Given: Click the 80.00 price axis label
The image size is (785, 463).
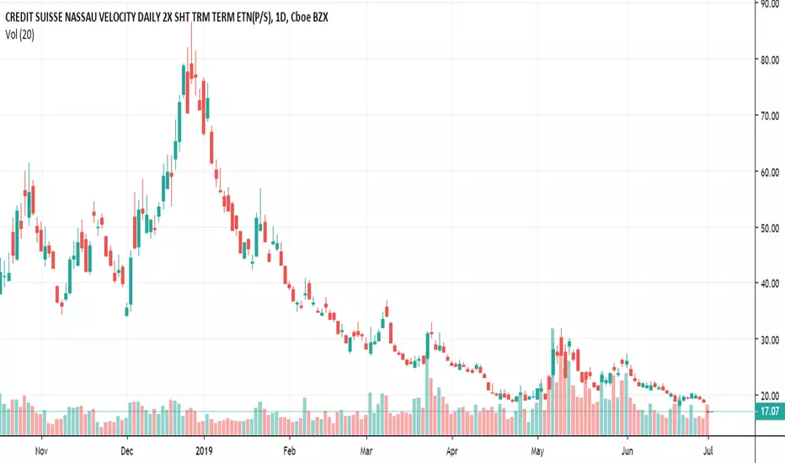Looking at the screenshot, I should click(x=768, y=60).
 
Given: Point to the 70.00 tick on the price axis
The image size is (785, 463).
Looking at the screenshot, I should click(x=768, y=115).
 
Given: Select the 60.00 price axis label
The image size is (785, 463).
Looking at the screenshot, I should click(x=768, y=172).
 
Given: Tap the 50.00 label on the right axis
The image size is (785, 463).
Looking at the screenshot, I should click(x=768, y=227).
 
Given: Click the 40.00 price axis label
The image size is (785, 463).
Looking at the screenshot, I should click(x=768, y=284).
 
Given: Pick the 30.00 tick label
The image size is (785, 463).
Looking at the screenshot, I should click(x=768, y=339).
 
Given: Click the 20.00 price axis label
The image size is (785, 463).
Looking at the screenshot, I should click(x=768, y=395).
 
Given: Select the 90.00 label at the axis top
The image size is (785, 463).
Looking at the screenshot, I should click(x=768, y=4).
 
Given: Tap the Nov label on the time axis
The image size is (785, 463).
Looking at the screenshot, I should click(x=40, y=450).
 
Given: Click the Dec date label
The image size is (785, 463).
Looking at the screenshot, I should click(x=125, y=450).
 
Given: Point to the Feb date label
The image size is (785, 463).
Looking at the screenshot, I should click(x=289, y=450).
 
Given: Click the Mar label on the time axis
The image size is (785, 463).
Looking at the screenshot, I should click(x=366, y=450).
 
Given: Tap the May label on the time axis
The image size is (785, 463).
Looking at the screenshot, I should click(x=537, y=450).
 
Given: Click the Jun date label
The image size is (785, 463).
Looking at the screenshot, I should click(x=626, y=450).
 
